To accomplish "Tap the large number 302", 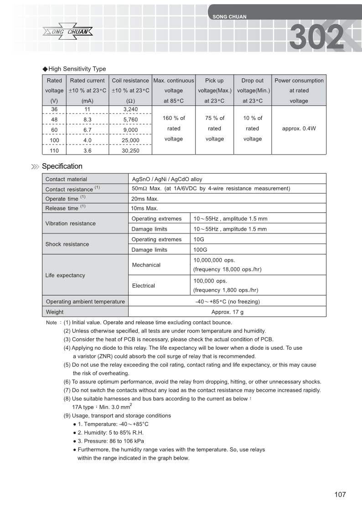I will click(316, 37).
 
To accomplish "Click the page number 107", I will click(340, 495).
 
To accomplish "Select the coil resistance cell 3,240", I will click(130, 109).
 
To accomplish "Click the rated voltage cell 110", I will click(54, 150).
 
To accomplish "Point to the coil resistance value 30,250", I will click(130, 150).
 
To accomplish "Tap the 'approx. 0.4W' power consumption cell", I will click(299, 129).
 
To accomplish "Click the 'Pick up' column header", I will click(214, 81).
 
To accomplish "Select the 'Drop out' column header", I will click(253, 81).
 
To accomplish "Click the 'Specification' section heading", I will click(62, 166).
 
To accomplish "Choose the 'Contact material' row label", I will click(66, 179).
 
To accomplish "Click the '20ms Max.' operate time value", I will click(145, 199).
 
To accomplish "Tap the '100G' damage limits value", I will click(200, 250).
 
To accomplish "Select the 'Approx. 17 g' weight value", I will click(228, 312).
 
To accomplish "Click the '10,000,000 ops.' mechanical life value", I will click(214, 260).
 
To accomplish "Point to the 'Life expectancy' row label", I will click(65, 275).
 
